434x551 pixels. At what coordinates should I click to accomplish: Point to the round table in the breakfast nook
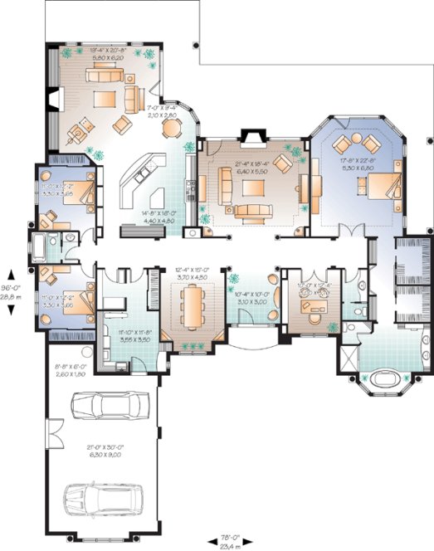tap(171, 127)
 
